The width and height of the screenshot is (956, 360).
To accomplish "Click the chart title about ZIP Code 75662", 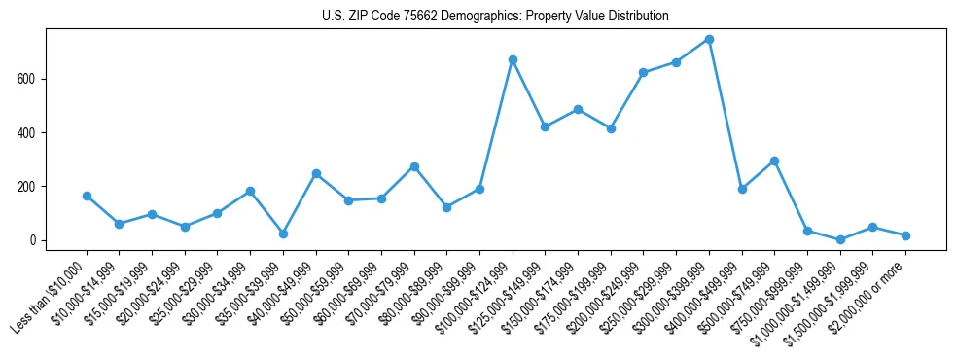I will (495, 17).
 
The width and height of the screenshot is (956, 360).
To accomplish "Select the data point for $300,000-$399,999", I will (709, 39).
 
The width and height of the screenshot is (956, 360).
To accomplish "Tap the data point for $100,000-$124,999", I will (513, 59).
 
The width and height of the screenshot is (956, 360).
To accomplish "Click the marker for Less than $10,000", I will (87, 196).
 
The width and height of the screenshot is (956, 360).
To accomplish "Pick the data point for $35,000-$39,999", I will (283, 234).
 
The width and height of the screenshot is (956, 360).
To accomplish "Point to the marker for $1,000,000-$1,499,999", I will (840, 239).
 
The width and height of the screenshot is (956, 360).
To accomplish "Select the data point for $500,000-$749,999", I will (774, 161).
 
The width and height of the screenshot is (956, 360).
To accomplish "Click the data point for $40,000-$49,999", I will (316, 173).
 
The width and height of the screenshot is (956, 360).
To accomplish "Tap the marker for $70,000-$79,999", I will (414, 166).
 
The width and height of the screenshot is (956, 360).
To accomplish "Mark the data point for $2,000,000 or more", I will (905, 235).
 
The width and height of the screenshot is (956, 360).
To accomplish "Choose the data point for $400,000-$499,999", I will (742, 189).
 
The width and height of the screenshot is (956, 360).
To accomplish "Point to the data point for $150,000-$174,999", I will (578, 109).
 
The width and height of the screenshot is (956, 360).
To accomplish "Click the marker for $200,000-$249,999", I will (643, 72).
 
